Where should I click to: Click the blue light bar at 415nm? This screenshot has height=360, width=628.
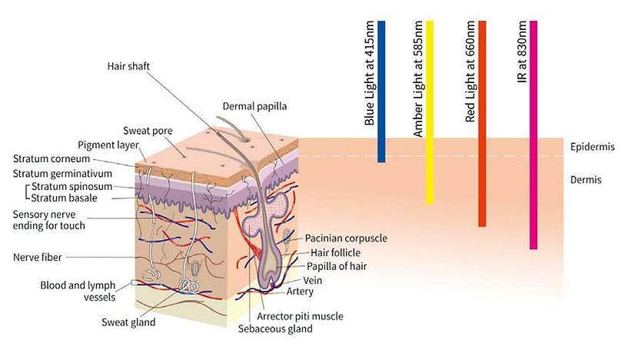381,92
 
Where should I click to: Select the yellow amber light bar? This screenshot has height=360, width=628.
430,112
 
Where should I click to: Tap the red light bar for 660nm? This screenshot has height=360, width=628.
482,123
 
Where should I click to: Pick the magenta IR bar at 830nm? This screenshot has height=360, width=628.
533,135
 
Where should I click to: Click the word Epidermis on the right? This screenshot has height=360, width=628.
592,147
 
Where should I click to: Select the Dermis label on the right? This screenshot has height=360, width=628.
586,180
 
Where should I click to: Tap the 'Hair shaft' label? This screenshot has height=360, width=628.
128,67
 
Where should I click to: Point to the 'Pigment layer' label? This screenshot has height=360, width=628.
108,145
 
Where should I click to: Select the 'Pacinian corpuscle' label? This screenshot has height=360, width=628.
345,238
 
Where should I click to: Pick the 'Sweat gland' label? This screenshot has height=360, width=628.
130,322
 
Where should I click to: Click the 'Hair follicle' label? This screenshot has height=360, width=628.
338,252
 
